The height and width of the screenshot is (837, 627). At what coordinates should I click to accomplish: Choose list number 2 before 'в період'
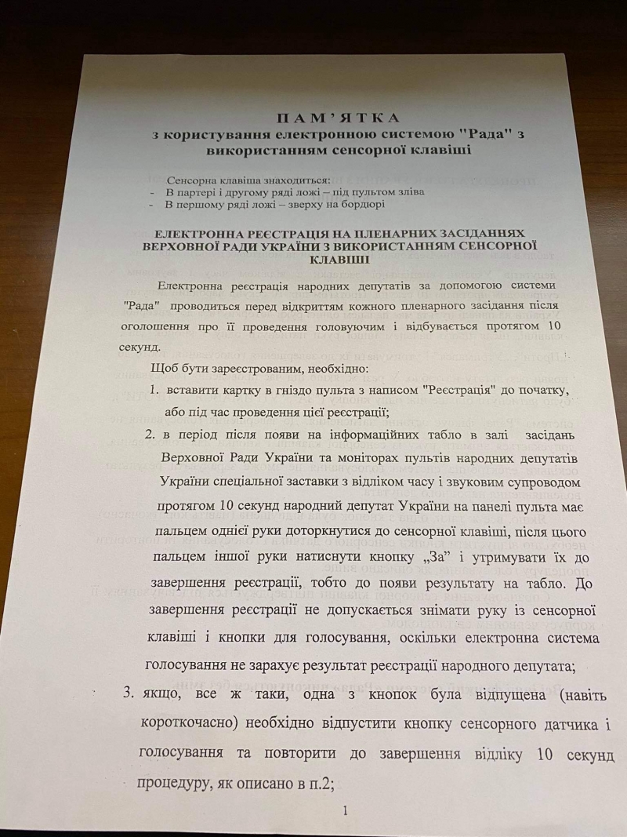(150, 435)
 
